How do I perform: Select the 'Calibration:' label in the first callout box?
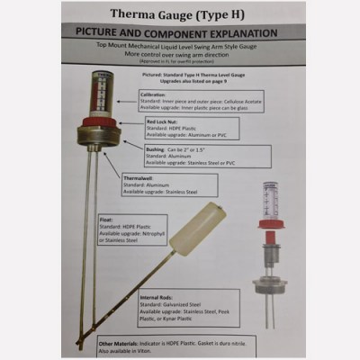pyautogui.click(x=155, y=94)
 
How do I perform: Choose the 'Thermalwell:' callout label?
pyautogui.click(x=140, y=177)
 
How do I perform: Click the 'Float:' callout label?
pyautogui.click(x=108, y=219)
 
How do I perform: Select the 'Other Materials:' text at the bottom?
pyautogui.click(x=119, y=341)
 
